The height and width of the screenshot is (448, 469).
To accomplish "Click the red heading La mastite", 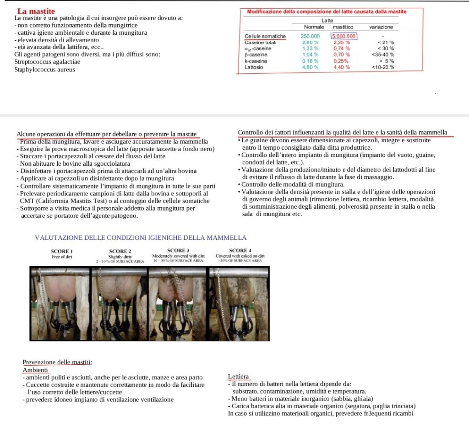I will (36, 11).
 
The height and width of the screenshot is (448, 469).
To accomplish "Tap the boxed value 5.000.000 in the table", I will (344, 36).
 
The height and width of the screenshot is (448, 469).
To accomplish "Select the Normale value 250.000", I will (311, 36).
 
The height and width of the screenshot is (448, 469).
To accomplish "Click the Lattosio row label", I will (254, 67).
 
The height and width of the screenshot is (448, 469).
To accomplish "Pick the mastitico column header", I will (343, 27).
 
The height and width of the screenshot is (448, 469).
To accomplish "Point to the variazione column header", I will (381, 27).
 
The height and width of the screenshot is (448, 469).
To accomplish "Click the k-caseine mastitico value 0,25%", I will (341, 61).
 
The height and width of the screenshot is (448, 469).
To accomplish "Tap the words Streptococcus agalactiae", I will (47, 62).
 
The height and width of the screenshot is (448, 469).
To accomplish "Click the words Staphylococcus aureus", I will (45, 70).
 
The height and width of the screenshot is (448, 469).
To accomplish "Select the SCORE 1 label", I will (62, 251).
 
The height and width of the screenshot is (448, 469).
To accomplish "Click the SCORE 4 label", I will (238, 250).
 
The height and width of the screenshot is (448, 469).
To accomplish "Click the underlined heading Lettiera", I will (239, 377).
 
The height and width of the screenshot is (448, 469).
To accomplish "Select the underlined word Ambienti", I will (35, 370).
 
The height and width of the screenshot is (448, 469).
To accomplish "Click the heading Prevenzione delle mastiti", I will (57, 362).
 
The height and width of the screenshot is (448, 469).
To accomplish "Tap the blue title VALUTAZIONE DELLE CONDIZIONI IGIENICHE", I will (141, 237).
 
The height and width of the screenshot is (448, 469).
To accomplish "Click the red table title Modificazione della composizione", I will (326, 11).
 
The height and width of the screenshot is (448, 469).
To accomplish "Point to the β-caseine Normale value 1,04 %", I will (310, 54).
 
